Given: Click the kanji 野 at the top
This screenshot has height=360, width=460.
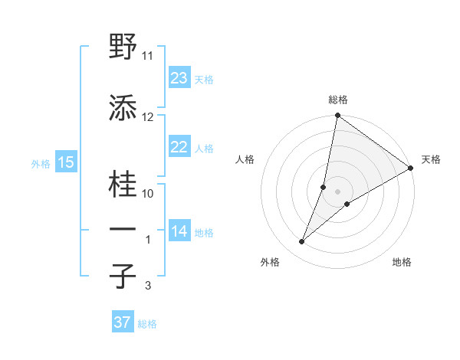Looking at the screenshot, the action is pos(123,48).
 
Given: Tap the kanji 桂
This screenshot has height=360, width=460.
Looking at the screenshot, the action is pos(123,186).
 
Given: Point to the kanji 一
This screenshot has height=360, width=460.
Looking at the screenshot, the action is pos(123,230).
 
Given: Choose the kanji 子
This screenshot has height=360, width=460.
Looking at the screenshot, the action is pos(123,277).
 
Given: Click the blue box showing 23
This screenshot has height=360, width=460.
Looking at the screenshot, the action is pos(179,78).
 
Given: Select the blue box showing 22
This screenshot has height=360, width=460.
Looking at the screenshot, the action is pos(179,147).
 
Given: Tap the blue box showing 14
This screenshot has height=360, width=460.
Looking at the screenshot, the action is pos(179,231).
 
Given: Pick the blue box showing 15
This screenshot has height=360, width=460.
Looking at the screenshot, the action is pos(65,162).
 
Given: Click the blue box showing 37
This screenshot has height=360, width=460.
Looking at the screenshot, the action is pos(123,322).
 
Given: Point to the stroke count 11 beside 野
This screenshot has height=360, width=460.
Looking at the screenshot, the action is pos(148,56).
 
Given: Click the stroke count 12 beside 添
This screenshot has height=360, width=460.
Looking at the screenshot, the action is pos(148,117).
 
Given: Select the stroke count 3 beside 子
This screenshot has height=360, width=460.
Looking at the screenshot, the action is pos(148,286).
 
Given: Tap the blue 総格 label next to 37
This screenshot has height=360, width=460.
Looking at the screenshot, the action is pos(147,324).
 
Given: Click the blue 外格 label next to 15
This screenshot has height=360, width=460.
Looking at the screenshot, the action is pos(40,163).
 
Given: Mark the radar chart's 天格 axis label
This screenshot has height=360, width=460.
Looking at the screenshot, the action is pos(431,159).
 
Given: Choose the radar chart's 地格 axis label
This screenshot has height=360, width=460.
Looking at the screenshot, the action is pos(402,262).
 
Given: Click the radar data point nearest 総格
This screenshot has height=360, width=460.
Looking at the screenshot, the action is pos(337,116).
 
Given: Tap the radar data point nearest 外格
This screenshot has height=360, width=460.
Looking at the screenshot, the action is pos(302,242).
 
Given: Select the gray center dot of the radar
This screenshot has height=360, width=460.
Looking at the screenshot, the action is pos(337,191).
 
